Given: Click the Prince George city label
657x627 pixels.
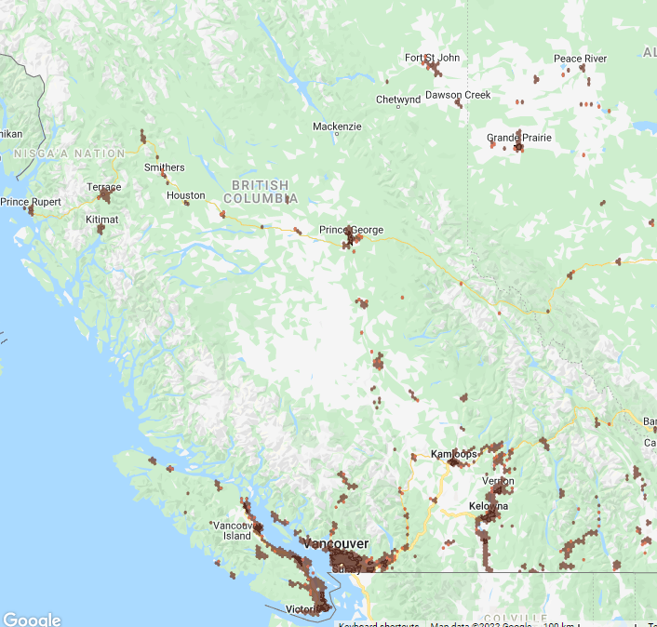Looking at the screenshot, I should point(351,230).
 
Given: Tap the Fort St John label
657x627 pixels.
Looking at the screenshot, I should point(432,58).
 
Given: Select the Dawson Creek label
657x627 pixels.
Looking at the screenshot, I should point(457,95).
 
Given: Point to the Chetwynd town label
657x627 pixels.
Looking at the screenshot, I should point(398,100).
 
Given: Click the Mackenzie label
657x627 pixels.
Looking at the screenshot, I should point(337,127).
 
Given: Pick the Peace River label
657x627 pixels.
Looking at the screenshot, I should point(580,59).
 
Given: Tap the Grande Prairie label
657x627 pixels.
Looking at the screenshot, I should point(518,138).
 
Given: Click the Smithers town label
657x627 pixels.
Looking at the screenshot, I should point(164,167).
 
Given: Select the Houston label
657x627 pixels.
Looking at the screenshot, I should point(185,195).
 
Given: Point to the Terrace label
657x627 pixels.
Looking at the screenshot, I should point(104,187).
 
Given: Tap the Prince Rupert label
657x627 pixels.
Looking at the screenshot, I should point(31,202).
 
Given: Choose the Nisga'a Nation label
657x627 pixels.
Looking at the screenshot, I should point(70,153).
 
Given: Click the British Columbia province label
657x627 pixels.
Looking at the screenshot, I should point(261,192).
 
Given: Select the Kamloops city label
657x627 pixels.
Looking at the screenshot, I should point(453,454).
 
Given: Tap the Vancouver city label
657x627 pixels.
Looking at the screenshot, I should point(336,543).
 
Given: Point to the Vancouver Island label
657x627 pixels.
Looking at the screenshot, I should point(232,530).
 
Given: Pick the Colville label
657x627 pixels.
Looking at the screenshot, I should point(516,619).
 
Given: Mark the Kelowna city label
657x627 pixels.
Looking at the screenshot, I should point(489,506).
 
